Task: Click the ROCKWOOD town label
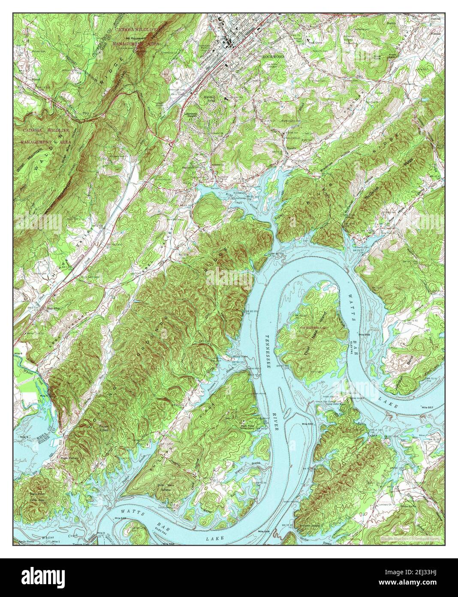click(273, 56)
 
